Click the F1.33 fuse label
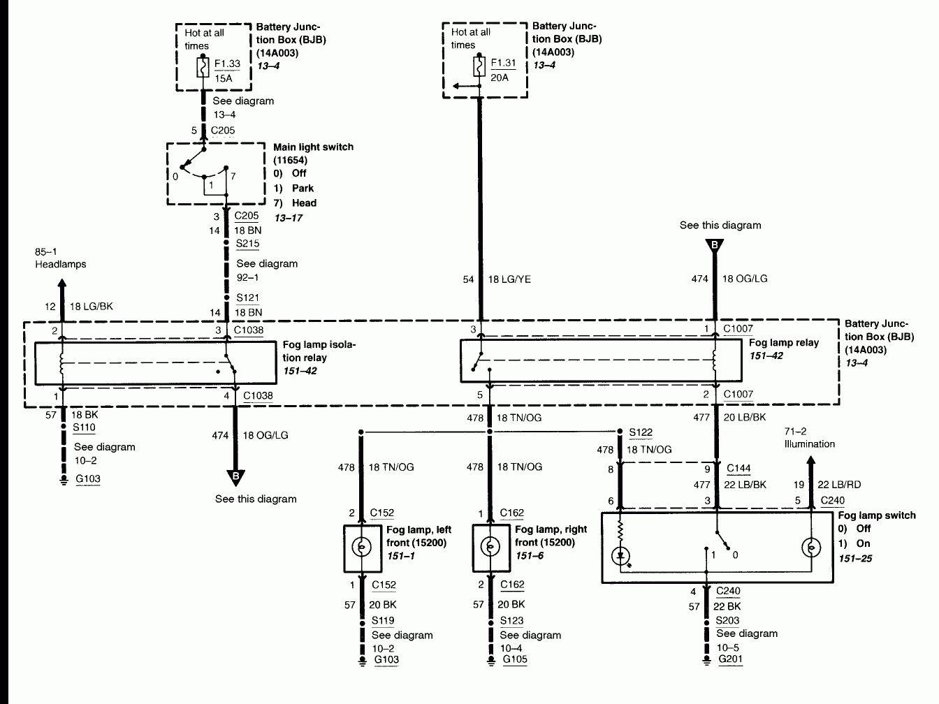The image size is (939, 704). click(x=227, y=64)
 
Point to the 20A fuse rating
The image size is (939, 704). click(x=500, y=77)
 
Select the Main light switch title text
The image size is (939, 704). click(x=313, y=147)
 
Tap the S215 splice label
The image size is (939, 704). click(x=247, y=244)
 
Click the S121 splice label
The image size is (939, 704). click(x=247, y=298)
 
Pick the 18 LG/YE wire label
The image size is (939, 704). click(x=509, y=279)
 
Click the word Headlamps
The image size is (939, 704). click(x=60, y=264)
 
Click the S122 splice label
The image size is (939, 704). click(x=641, y=433)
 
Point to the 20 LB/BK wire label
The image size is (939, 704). click(x=745, y=417)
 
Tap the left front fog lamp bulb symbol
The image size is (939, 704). click(x=362, y=547)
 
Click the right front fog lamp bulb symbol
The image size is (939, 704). click(x=490, y=547)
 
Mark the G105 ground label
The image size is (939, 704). click(x=515, y=659)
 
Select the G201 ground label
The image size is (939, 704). click(x=729, y=659)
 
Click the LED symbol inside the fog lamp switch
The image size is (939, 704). click(x=620, y=557)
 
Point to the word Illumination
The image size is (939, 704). click(x=809, y=443)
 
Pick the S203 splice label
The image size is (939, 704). click(x=727, y=620)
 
